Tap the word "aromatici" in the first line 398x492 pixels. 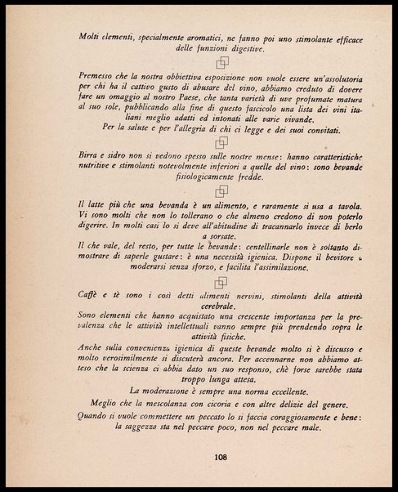188,36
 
